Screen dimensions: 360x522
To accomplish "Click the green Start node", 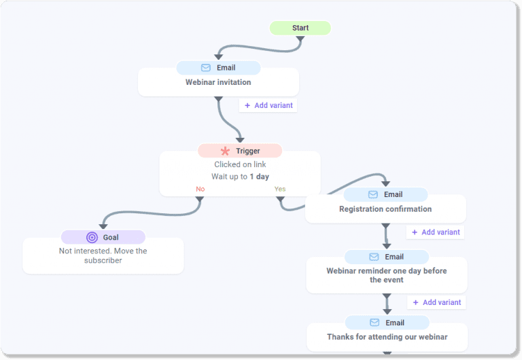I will [300, 28].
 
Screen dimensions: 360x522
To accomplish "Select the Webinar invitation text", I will [218, 82].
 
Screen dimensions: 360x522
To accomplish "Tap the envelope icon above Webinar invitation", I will [206, 68].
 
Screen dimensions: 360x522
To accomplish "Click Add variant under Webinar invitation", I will [268, 105].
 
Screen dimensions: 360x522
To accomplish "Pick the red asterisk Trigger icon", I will [225, 151].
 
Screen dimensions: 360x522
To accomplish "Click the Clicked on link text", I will [240, 164].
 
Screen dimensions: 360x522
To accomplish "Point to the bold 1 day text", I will [259, 177].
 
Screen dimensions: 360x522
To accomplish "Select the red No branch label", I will [201, 189].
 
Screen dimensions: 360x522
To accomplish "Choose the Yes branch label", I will [280, 189].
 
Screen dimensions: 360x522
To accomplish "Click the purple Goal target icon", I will [92, 237].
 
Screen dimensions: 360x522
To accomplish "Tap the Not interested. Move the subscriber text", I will [103, 255].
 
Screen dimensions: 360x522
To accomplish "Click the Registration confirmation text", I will [385, 209].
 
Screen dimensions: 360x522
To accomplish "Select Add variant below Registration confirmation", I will [436, 232].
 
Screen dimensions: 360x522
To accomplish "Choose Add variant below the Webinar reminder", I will [437, 302].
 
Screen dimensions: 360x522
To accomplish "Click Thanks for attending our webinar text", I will [387, 337].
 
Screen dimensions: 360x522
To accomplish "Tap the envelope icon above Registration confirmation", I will [373, 194].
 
